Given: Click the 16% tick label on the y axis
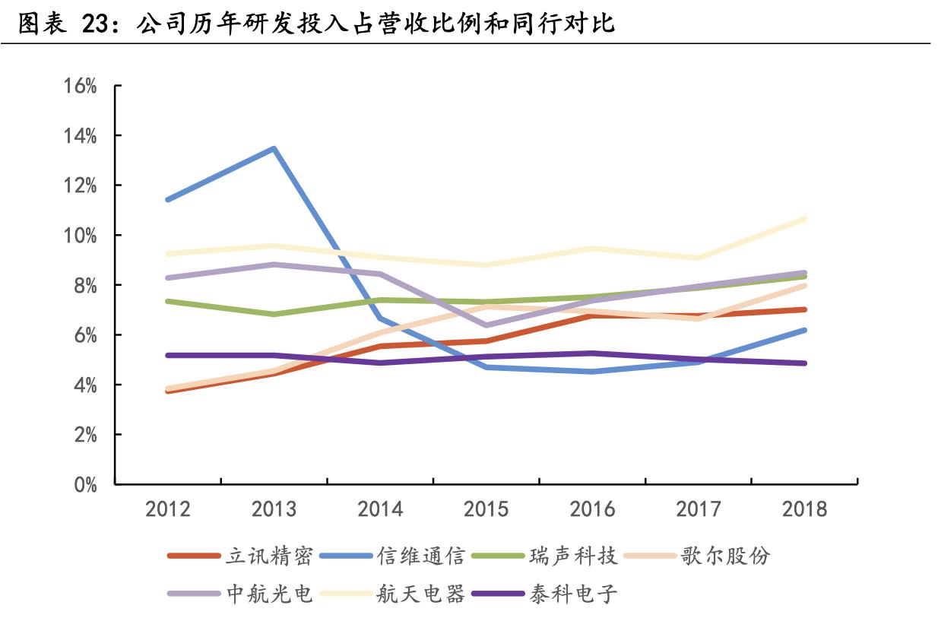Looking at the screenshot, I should [x=81, y=86].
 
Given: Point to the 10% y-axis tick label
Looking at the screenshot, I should [x=81, y=236].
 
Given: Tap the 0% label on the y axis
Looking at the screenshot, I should [x=85, y=485].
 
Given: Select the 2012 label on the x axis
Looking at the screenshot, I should [x=167, y=509].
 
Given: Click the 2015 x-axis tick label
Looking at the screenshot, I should [x=486, y=509].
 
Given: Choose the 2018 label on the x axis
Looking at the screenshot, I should [x=804, y=509].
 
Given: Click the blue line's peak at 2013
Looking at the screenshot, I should [x=273, y=148].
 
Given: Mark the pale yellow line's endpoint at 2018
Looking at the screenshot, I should [x=804, y=219].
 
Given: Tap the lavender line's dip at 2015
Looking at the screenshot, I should [x=486, y=325].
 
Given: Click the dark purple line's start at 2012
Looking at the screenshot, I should [x=167, y=355].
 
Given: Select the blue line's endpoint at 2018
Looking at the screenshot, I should [x=804, y=330].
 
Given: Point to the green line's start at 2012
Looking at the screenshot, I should [x=167, y=301].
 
